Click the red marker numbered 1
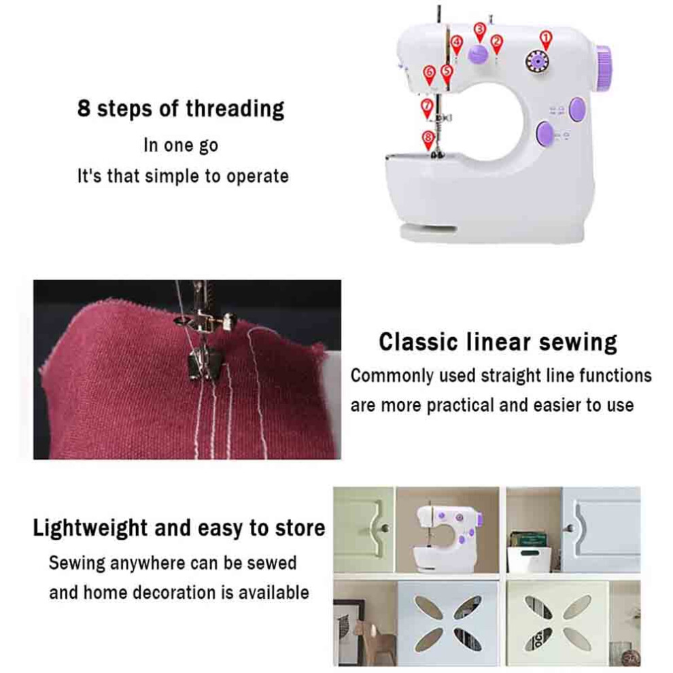(x=545, y=39)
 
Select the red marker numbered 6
(x=429, y=75)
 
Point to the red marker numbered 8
(x=428, y=140)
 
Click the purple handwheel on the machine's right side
(x=604, y=69)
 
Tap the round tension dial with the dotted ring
(x=537, y=62)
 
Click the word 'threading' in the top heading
(x=235, y=109)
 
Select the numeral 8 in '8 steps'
(x=84, y=107)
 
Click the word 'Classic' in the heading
(x=418, y=342)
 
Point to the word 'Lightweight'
(x=90, y=528)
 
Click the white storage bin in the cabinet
(x=528, y=559)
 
